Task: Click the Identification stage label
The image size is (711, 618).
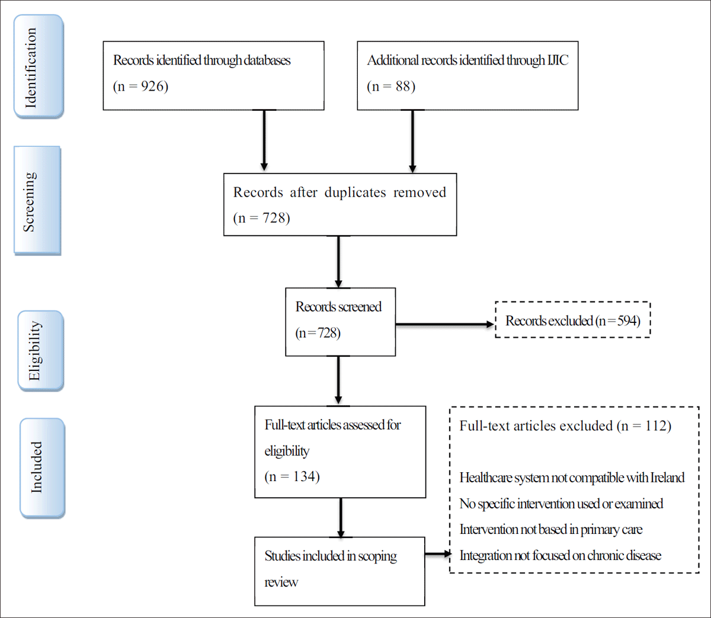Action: (39, 67)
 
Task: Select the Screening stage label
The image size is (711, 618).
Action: (37, 201)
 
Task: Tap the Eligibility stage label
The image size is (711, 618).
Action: (40, 351)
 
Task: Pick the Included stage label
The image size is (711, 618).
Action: (42, 467)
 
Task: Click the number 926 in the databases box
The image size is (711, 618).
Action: (152, 87)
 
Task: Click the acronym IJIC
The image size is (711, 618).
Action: (557, 60)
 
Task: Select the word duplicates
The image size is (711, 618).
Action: (355, 193)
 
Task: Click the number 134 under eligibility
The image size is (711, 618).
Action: (305, 476)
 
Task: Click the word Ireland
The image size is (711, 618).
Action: (667, 478)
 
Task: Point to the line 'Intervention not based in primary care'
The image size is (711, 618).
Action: (550, 530)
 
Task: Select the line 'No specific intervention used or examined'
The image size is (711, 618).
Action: (561, 504)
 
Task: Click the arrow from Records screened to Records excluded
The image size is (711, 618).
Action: (444, 324)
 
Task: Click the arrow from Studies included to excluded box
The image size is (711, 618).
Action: (438, 555)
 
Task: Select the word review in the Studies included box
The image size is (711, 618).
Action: (281, 582)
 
